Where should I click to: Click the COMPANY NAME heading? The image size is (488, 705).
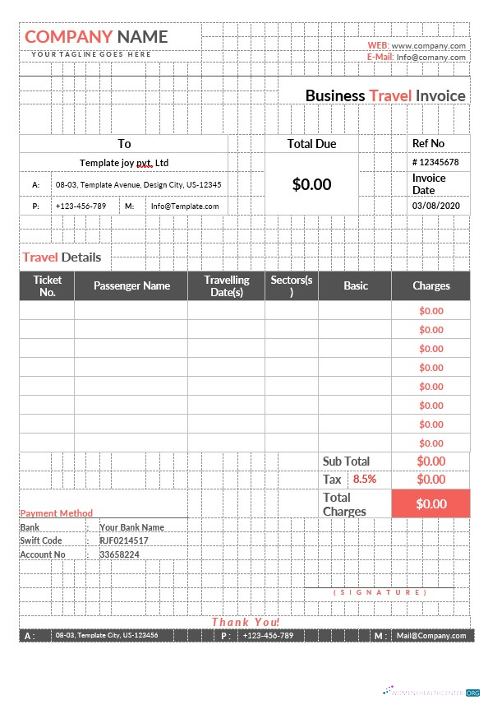[x=96, y=36]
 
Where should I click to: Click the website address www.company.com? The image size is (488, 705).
[x=429, y=46]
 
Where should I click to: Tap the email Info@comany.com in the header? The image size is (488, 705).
[x=431, y=58]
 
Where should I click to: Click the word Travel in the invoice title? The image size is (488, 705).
[x=390, y=95]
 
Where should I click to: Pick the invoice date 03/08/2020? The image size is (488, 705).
[x=436, y=206]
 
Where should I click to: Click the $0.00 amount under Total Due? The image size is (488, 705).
[x=311, y=184]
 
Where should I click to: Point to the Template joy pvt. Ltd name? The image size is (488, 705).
[x=124, y=163]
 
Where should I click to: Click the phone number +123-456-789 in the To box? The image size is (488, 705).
[x=81, y=206]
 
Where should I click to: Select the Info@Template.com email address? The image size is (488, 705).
[x=185, y=206]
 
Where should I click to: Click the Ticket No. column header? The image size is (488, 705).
[x=47, y=285]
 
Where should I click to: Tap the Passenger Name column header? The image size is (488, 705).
[x=131, y=285]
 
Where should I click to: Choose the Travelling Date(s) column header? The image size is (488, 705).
[x=226, y=285]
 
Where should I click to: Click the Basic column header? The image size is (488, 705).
[x=356, y=285]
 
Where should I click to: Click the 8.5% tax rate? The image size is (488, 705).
[x=364, y=479]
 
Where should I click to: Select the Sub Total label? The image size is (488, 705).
[x=346, y=461]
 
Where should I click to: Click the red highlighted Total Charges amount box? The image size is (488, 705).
[x=430, y=503]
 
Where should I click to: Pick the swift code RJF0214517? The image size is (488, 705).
[x=124, y=540]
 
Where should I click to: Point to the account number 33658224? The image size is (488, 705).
[x=119, y=554]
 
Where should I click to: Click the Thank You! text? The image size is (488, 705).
[x=246, y=622]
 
